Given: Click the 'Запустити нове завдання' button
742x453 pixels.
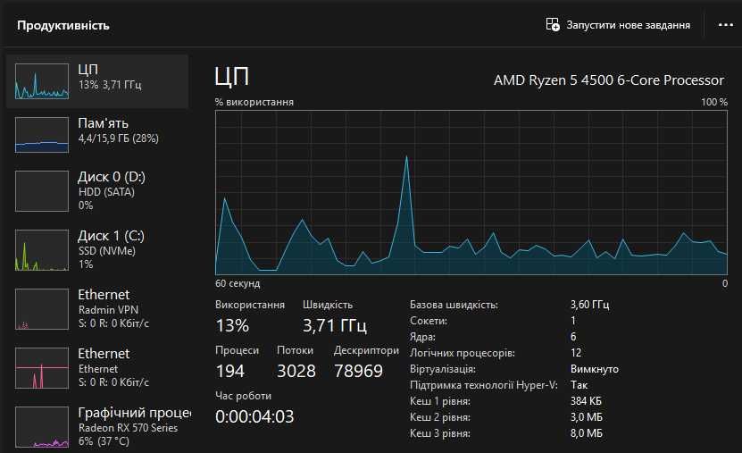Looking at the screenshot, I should [x=618, y=25].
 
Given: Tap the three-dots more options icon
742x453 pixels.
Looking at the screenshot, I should [x=725, y=25].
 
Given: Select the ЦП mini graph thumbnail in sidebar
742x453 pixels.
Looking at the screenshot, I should [x=42, y=81].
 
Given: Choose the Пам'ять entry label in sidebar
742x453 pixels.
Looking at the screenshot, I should [x=104, y=123].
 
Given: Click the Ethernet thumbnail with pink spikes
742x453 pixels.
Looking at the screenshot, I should [x=42, y=368].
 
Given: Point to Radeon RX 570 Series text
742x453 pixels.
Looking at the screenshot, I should [x=128, y=428].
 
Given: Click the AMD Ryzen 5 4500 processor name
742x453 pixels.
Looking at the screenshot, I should [x=609, y=80].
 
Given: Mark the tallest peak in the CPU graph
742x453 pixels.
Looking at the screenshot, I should [x=407, y=157].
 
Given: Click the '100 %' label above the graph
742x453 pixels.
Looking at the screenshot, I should [x=713, y=102].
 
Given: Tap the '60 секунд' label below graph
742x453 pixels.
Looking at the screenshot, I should [x=238, y=283].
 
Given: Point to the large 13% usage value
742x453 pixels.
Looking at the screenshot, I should [x=232, y=325].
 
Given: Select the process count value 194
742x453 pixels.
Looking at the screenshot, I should [x=230, y=371].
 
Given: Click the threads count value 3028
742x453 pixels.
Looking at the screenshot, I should [x=296, y=371].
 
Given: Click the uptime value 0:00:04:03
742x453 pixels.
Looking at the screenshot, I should [x=254, y=416].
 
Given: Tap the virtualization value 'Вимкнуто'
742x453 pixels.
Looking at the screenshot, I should [x=594, y=369].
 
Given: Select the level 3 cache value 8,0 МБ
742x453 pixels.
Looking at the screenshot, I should [x=586, y=433].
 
